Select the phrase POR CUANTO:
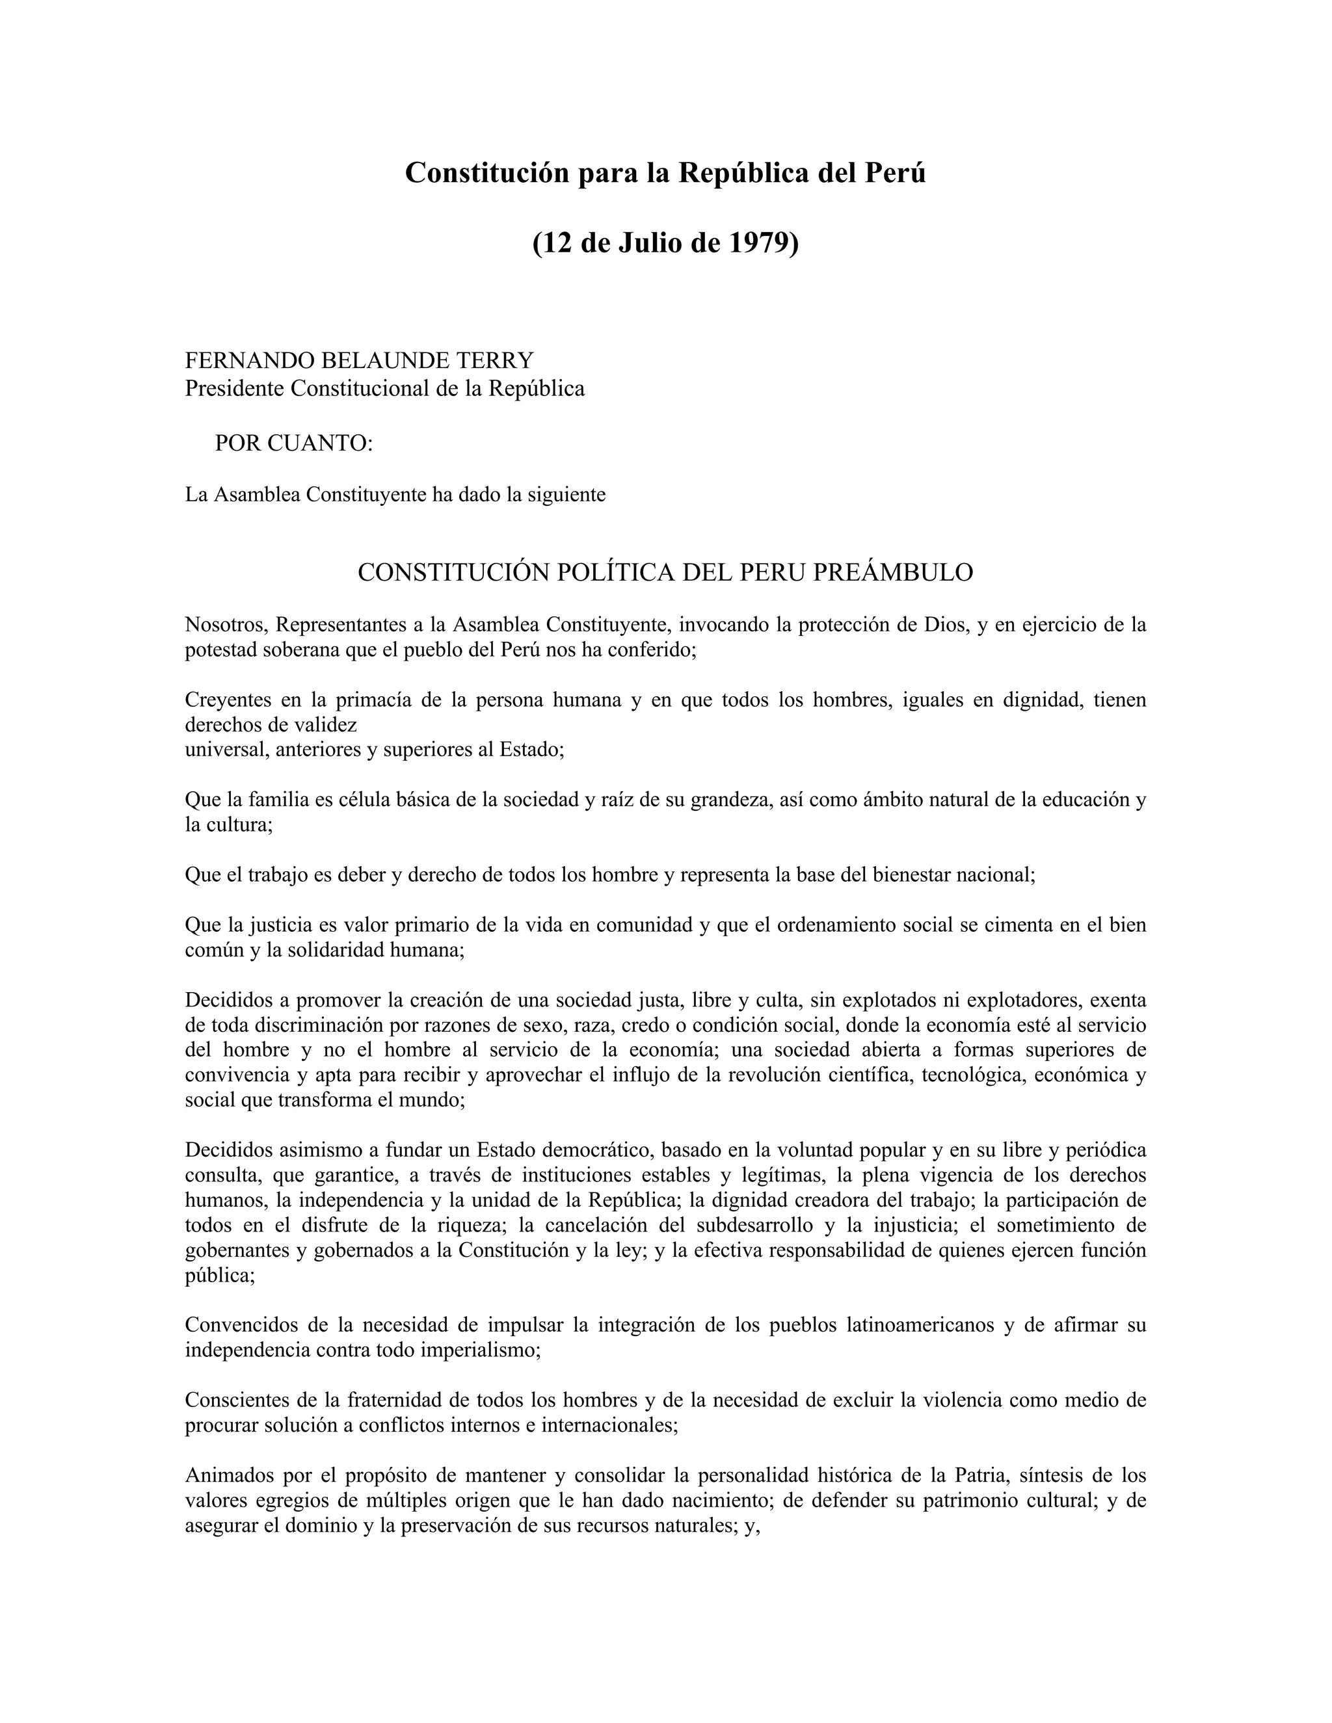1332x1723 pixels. click(x=293, y=443)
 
